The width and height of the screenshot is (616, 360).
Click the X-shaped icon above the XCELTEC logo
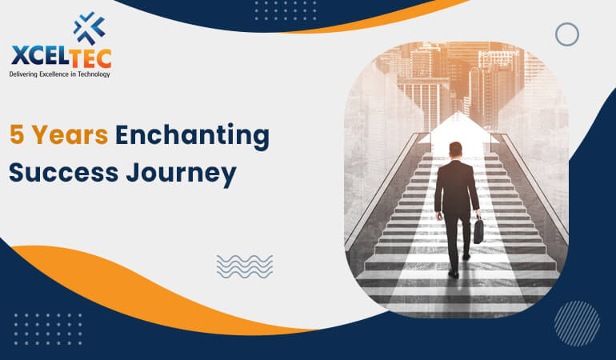[89, 28]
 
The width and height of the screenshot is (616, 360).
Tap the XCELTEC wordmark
[62, 58]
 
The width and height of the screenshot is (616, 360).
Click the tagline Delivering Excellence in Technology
[60, 74]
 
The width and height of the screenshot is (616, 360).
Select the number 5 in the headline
[17, 136]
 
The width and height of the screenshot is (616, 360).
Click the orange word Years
[71, 136]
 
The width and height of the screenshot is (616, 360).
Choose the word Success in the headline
[61, 172]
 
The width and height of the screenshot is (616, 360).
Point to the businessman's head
[455, 150]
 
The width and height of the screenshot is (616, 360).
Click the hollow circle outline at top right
[566, 34]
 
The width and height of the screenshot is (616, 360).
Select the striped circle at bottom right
[576, 323]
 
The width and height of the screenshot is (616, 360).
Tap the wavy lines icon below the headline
[244, 266]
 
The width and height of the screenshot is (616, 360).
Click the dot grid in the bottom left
[47, 329]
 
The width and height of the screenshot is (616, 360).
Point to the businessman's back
[456, 184]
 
